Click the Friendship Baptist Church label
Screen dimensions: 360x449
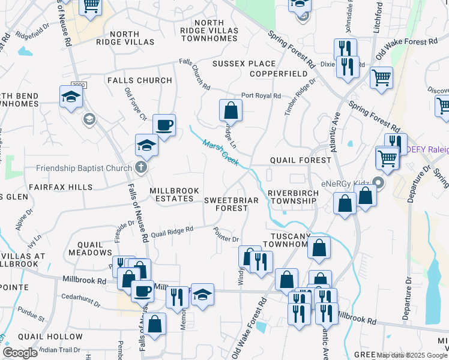click(83, 167)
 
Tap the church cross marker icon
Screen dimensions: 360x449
click(141, 167)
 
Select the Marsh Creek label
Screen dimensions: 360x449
click(220, 152)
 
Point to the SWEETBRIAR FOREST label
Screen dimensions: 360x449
click(232, 203)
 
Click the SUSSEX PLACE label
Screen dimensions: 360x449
click(244, 64)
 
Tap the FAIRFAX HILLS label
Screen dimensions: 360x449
click(63, 187)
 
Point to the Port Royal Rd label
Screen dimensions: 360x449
click(261, 95)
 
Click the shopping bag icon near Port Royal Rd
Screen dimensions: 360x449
click(231, 110)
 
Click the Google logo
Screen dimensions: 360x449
click(20, 353)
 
